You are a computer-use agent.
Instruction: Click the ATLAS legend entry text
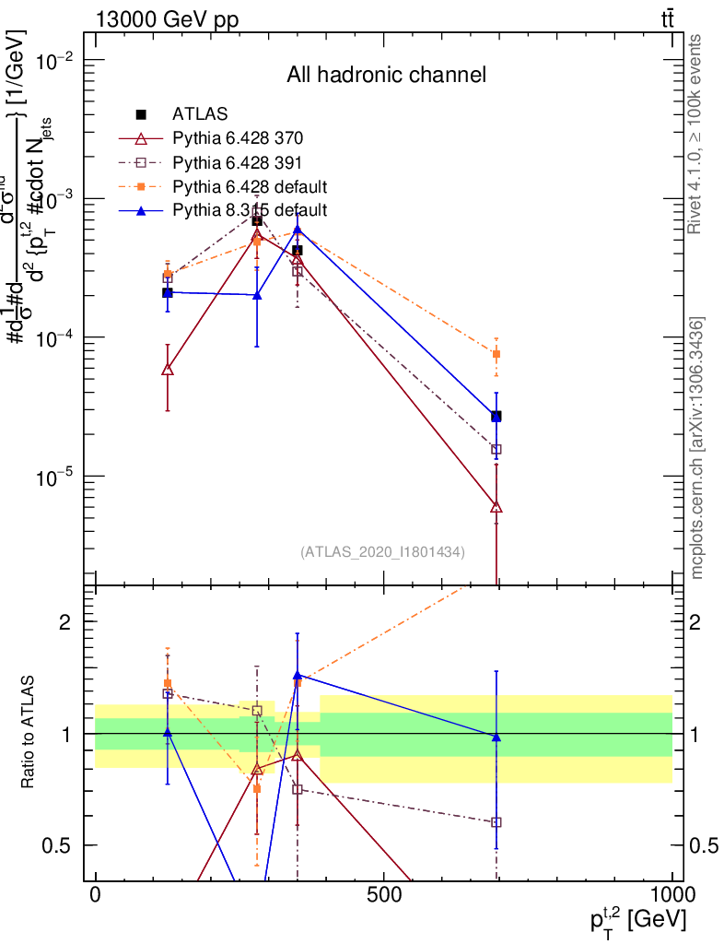(200, 114)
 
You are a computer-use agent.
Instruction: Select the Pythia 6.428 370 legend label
(238, 138)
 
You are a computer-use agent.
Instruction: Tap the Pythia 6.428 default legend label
(250, 186)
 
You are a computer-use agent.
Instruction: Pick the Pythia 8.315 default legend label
(250, 210)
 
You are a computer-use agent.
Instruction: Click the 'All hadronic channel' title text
(386, 75)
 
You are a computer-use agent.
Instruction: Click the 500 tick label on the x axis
(383, 895)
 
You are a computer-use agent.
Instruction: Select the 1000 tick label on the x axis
(671, 895)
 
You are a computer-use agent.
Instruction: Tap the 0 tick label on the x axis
(95, 895)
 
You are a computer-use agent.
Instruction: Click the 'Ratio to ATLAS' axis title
(29, 732)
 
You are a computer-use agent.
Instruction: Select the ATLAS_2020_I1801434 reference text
(382, 552)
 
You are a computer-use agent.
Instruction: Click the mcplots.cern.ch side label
(698, 447)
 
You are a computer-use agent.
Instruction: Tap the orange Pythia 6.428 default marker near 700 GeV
(496, 354)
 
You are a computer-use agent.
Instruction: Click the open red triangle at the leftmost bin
(167, 370)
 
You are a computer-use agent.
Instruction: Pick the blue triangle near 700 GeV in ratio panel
(496, 737)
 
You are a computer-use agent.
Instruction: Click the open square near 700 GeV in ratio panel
(496, 821)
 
